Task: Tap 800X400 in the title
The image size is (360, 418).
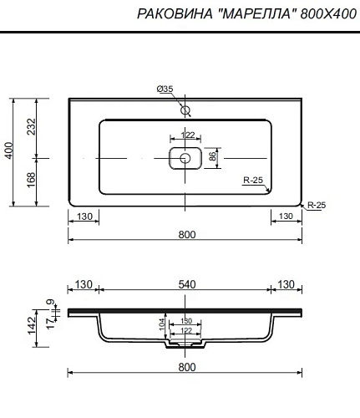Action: tap(328, 13)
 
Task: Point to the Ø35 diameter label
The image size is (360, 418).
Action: tap(165, 89)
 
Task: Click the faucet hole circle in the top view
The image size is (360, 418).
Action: tap(185, 110)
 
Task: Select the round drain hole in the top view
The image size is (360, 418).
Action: tap(185, 158)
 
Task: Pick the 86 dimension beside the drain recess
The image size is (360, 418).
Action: tap(212, 157)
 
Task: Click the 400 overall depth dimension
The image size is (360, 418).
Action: tap(9, 150)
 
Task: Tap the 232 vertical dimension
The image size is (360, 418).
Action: tap(32, 127)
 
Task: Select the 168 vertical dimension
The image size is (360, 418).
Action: tap(32, 180)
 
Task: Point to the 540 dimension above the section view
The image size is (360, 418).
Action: tap(187, 284)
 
